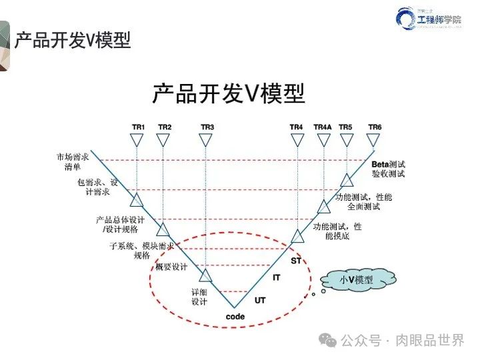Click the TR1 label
coord(137,127)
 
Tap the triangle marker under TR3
coord(207,140)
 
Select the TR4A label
coord(323,127)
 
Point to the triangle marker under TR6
coord(375,140)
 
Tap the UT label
coord(260,301)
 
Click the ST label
coord(296,261)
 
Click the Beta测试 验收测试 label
coord(388,169)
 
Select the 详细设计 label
coord(200,297)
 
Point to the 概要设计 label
coord(171,267)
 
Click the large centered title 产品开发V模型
coord(228,94)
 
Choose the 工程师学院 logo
coord(430,20)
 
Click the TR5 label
coord(345,127)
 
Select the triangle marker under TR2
coord(163,140)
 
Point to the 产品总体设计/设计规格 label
coord(120,225)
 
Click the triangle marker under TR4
coord(297,140)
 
